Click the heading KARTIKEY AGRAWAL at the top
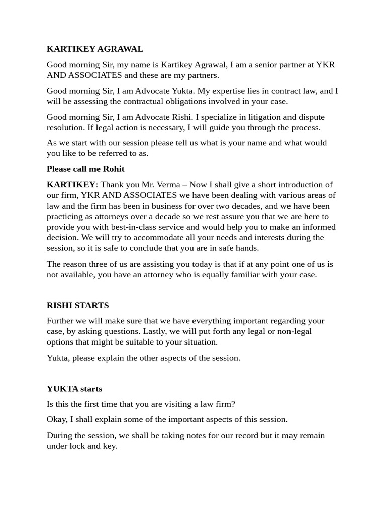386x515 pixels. tap(95, 49)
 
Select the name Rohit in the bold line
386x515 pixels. tap(114, 169)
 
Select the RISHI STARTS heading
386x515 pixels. tap(78, 305)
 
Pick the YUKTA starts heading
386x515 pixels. tap(74, 389)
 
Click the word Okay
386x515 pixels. tap(57, 419)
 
